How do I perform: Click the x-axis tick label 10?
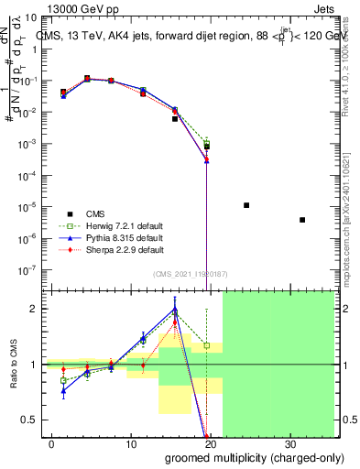[131, 443]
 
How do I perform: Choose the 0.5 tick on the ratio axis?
[35, 420]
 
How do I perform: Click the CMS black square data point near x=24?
[246, 205]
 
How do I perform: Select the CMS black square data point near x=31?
[302, 220]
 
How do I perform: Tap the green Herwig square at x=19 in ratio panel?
[207, 345]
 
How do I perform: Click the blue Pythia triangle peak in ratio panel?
[175, 310]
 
